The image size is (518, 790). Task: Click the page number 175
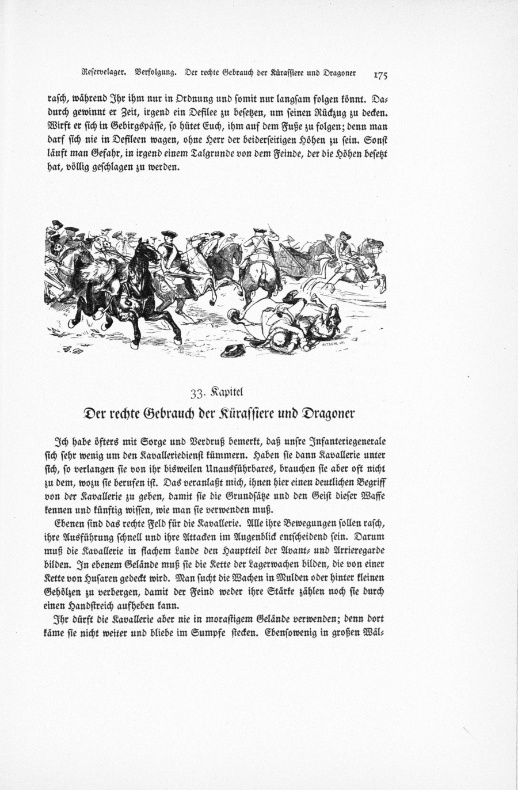click(380, 75)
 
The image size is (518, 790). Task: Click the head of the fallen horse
click(333, 315)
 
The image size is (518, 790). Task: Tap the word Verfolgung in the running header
click(154, 73)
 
